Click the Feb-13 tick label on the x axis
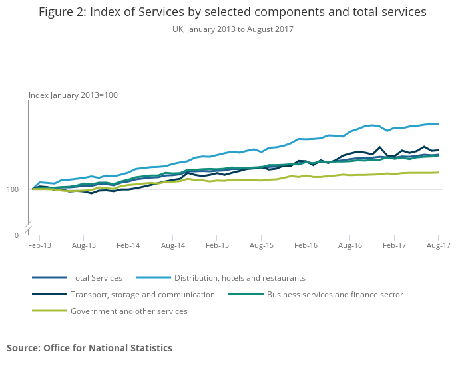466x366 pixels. point(39,245)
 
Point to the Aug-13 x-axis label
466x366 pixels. point(83,245)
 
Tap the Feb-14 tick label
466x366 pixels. point(128,245)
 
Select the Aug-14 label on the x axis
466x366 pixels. point(172,245)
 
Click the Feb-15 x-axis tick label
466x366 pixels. point(217,245)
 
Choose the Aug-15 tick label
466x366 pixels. point(261,245)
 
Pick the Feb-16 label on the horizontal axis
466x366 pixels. point(306,245)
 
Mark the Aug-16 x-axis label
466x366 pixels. point(350,245)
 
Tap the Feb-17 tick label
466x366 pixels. point(394,245)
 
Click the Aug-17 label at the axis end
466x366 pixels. point(438,245)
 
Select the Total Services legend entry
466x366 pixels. point(96,278)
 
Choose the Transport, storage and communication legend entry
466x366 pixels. point(142,295)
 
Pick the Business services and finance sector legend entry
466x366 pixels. point(334,295)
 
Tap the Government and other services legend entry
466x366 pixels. point(128,311)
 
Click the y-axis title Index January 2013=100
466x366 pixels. point(73,95)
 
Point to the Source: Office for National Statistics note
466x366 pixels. point(89,348)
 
